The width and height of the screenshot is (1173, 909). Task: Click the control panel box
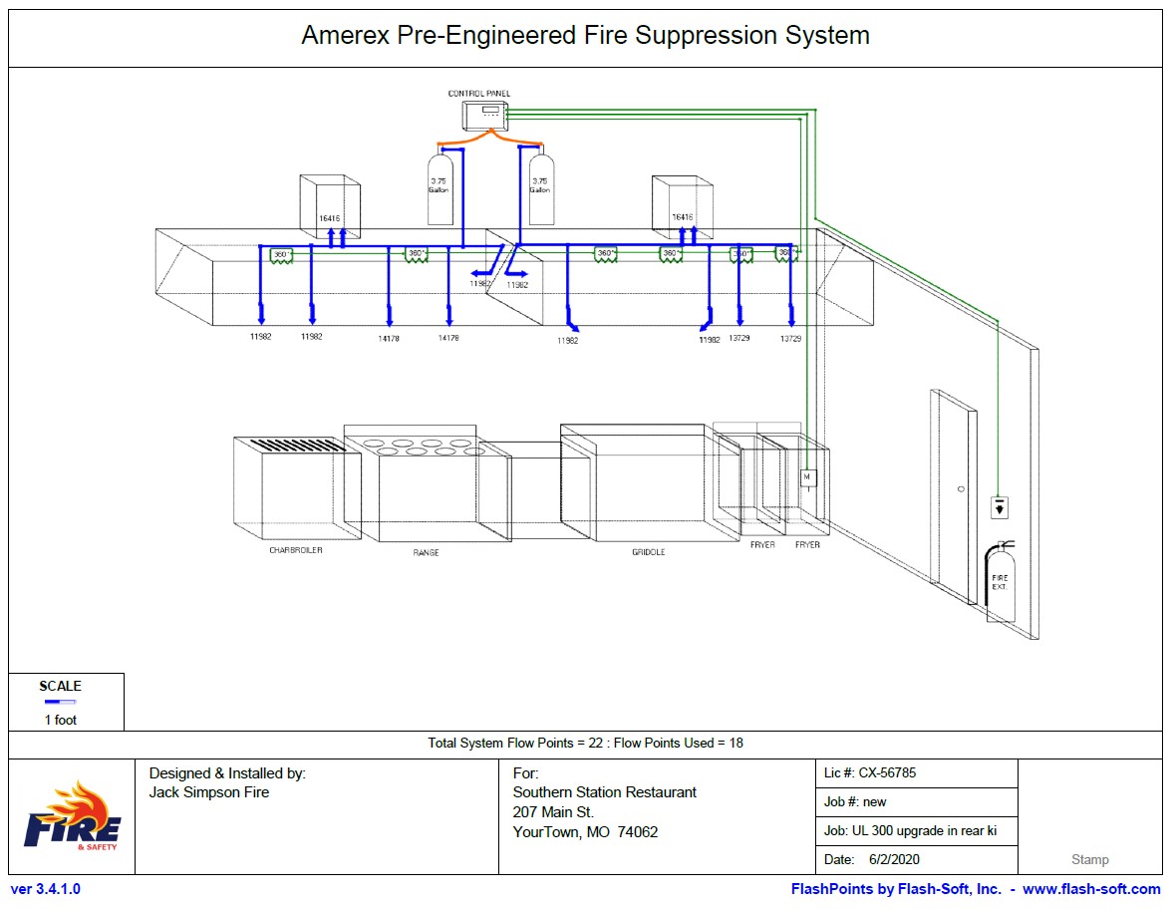(x=485, y=116)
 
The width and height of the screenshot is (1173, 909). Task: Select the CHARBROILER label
(x=296, y=550)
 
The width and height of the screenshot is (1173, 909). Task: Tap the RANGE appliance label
(x=426, y=552)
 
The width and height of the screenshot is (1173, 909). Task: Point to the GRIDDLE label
(x=648, y=551)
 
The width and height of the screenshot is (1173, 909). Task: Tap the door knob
(x=960, y=489)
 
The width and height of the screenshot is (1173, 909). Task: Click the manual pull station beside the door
(x=1000, y=506)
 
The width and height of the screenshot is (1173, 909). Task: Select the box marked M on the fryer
(x=808, y=478)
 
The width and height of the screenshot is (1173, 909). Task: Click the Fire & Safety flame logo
(x=73, y=816)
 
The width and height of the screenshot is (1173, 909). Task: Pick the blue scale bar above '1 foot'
(x=60, y=703)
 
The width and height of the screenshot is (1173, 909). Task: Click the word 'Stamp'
(x=1089, y=859)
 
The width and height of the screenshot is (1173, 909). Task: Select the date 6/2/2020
(x=896, y=859)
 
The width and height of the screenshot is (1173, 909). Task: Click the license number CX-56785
(x=887, y=772)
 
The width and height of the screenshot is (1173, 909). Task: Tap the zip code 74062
(x=638, y=832)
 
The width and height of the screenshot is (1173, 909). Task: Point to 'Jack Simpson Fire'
(x=209, y=792)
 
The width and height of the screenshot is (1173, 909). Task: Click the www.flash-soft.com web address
(x=1091, y=889)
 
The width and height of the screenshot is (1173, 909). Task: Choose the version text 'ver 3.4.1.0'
(x=46, y=889)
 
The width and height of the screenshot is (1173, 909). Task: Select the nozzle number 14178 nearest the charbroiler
(x=389, y=339)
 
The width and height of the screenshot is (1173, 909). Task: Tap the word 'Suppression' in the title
(x=702, y=36)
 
